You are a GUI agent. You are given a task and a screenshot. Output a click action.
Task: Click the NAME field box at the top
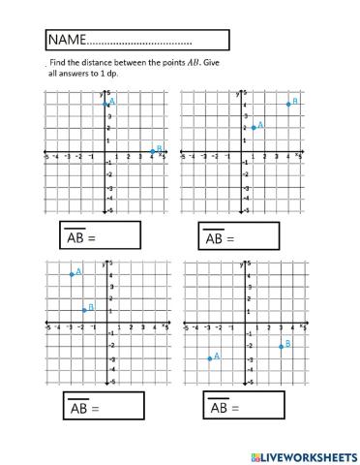[135, 40]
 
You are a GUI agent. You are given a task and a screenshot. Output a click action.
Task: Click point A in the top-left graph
[105, 104]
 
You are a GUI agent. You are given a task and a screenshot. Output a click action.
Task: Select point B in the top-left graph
[152, 152]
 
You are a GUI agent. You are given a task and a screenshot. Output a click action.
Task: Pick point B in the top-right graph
[287, 104]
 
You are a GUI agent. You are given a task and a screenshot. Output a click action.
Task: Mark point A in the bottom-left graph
[71, 274]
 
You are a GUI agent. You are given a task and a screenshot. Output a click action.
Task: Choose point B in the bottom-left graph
[83, 310]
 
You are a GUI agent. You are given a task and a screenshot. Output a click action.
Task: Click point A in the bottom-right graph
[208, 358]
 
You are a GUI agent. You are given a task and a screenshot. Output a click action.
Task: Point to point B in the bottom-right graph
[281, 346]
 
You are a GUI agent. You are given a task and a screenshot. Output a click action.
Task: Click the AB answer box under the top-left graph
[97, 237]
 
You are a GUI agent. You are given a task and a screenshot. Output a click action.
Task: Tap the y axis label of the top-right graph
[239, 93]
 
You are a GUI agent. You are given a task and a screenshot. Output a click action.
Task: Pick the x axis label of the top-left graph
[160, 154]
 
